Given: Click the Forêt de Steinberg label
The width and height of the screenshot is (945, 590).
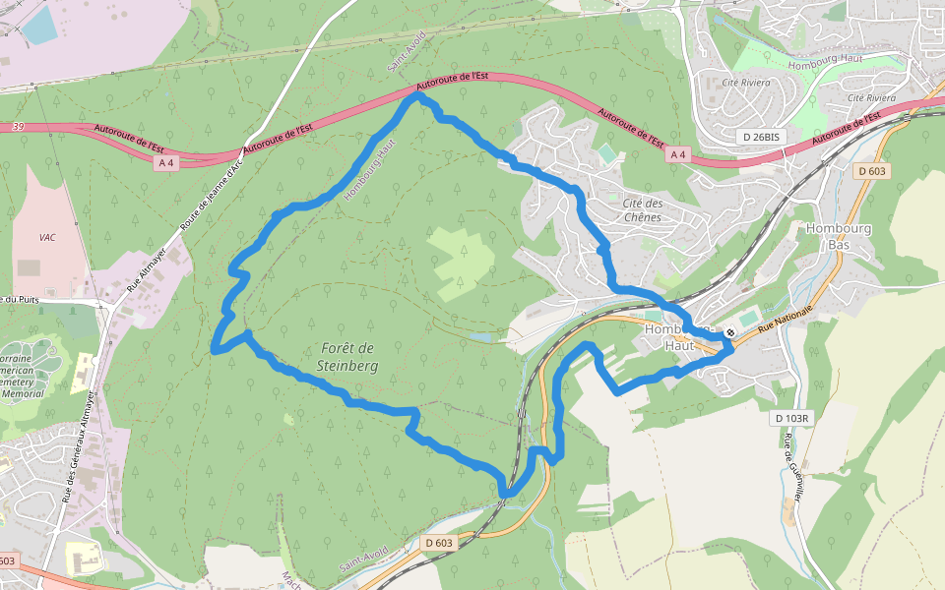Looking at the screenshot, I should [347, 356].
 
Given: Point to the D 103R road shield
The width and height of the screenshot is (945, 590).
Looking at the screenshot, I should [790, 418].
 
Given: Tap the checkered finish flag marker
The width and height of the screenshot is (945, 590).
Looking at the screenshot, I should [729, 332].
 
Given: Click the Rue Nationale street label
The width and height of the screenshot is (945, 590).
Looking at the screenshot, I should [784, 324].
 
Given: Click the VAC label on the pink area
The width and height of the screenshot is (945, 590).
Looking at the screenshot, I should [47, 237].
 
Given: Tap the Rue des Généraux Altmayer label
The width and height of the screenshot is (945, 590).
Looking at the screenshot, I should [82, 446].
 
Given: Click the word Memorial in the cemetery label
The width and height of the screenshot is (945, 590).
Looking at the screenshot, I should [22, 392].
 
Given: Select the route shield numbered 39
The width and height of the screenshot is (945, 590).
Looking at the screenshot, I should [18, 127].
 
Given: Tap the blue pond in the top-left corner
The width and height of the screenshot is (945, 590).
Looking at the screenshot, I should [39, 26].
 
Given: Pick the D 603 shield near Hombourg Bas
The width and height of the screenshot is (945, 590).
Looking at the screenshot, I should [871, 171].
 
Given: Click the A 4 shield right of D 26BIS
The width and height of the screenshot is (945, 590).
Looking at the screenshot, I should [677, 154].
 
